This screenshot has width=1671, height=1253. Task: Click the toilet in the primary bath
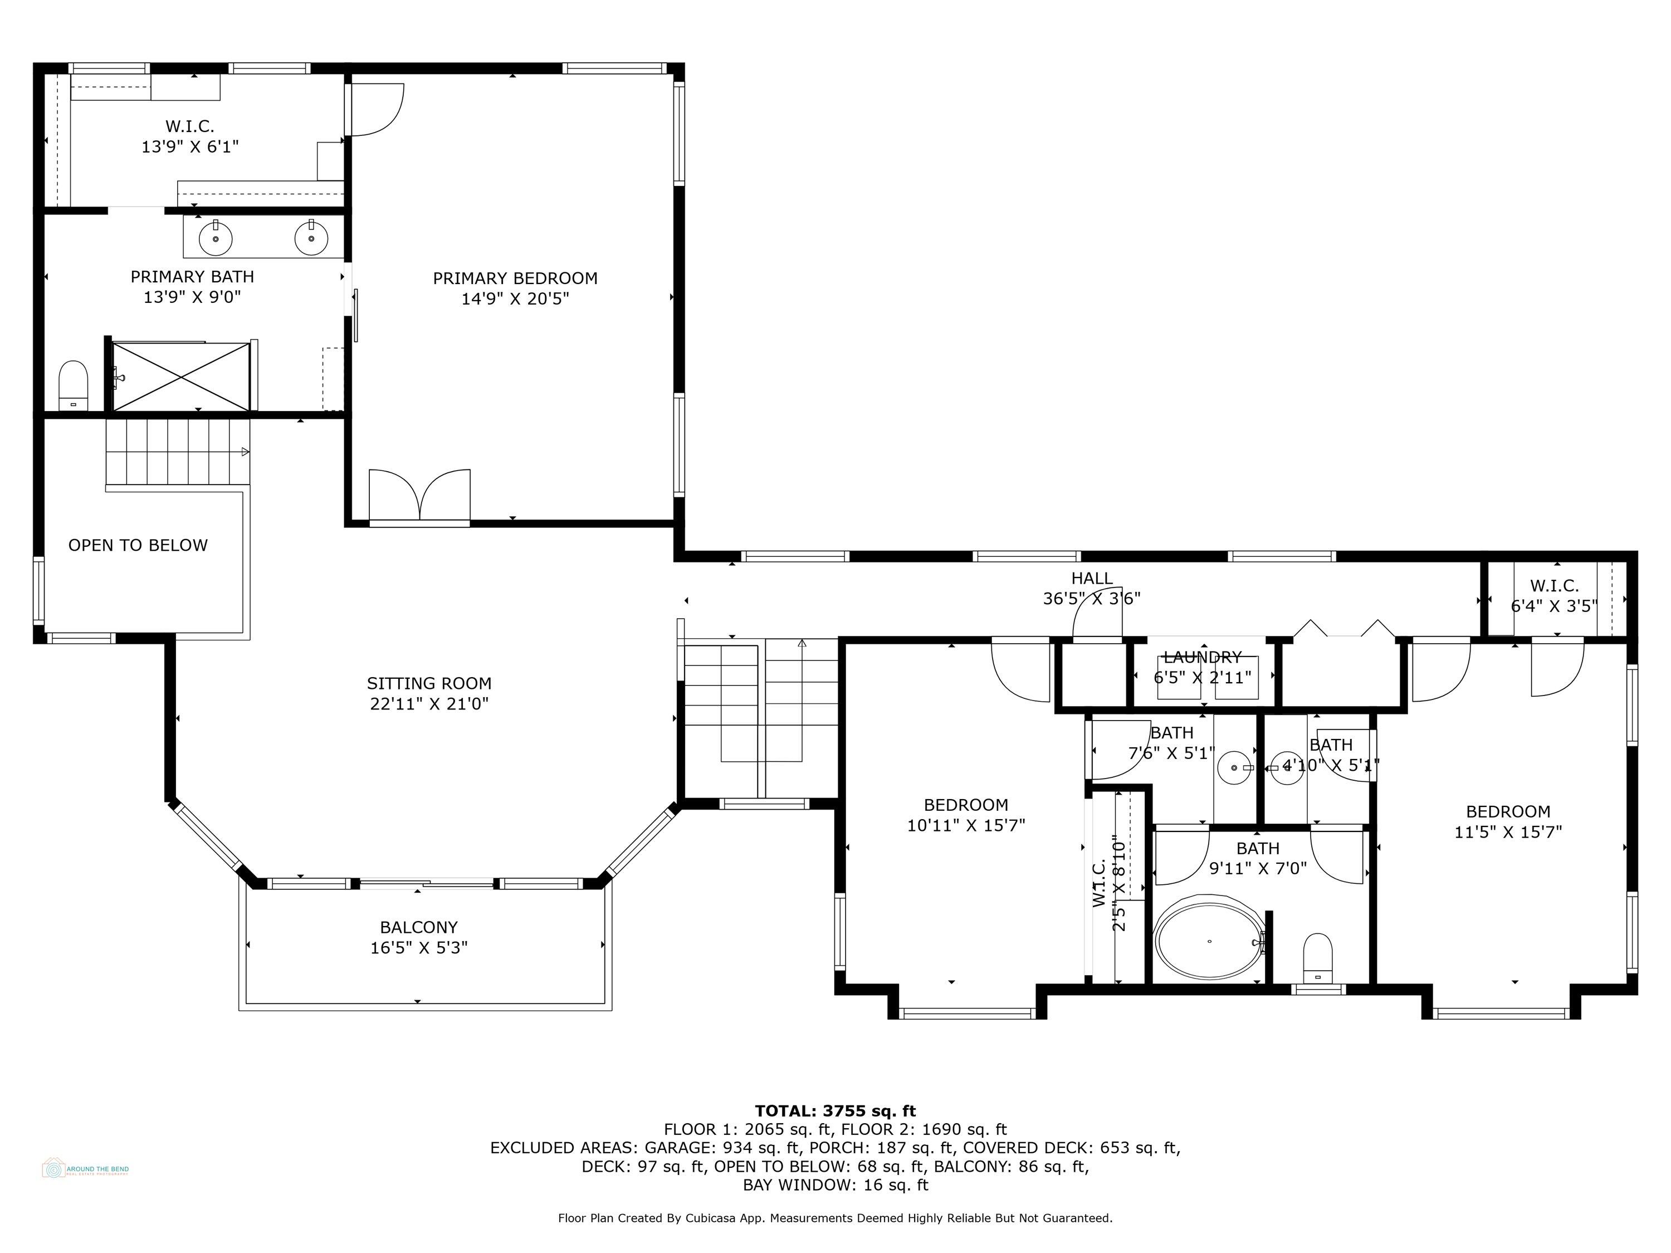coord(74,385)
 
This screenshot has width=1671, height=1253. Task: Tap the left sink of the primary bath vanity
coord(216,239)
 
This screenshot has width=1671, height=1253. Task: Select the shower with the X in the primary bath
coord(180,376)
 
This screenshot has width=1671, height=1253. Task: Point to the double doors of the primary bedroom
coord(419,496)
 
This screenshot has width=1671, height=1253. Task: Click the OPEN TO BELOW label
coord(138,545)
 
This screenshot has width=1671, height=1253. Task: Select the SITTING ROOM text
coord(429,683)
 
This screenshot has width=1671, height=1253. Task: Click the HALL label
coord(1092,579)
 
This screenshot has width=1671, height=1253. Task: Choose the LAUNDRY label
coord(1202,657)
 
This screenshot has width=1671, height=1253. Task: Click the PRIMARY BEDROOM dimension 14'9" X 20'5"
coord(515,299)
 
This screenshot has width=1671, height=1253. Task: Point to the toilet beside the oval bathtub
coord(1318,958)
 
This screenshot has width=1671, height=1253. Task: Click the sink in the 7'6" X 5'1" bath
coord(1234,767)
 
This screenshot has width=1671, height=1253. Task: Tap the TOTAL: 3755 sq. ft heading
coord(835,1111)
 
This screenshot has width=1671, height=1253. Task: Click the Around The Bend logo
coord(85,1169)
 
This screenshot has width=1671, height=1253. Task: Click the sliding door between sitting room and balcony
coord(427,882)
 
